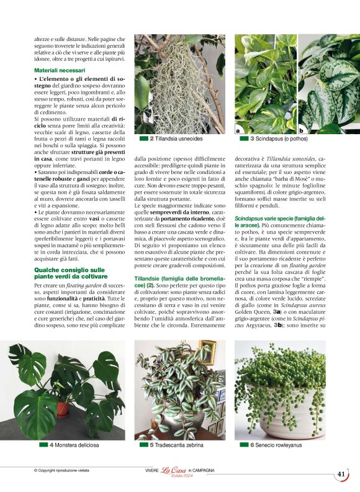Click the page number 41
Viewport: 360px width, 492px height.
tap(341, 474)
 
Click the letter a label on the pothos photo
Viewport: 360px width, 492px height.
tap(238, 130)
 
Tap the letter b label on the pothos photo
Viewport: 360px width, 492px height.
tap(302, 130)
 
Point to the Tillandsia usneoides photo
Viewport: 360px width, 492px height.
tap(179, 83)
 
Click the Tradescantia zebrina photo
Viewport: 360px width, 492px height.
tap(179, 389)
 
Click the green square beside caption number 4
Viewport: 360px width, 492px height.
tap(43, 445)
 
